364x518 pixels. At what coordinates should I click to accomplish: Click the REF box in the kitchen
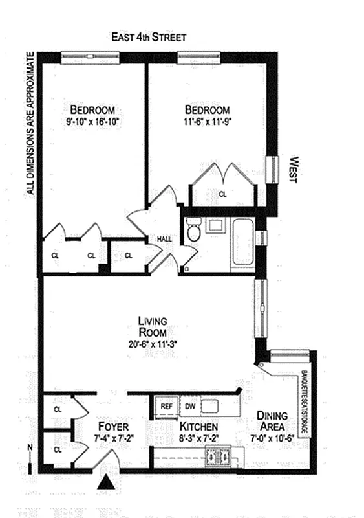pyautogui.click(x=166, y=406)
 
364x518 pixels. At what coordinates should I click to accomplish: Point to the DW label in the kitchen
pyautogui.click(x=191, y=406)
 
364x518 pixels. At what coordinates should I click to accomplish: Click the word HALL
pyautogui.click(x=164, y=240)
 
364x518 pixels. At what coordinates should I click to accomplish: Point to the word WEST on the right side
pyautogui.click(x=292, y=170)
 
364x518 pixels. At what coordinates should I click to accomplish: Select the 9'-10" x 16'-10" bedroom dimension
pyautogui.click(x=93, y=120)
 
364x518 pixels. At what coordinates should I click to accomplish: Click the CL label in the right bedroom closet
pyautogui.click(x=222, y=194)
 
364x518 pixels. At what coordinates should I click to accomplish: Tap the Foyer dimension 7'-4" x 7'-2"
pyautogui.click(x=114, y=439)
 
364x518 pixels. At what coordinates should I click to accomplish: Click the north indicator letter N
pyautogui.click(x=30, y=446)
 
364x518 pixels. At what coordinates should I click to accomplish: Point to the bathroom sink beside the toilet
pyautogui.click(x=214, y=226)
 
